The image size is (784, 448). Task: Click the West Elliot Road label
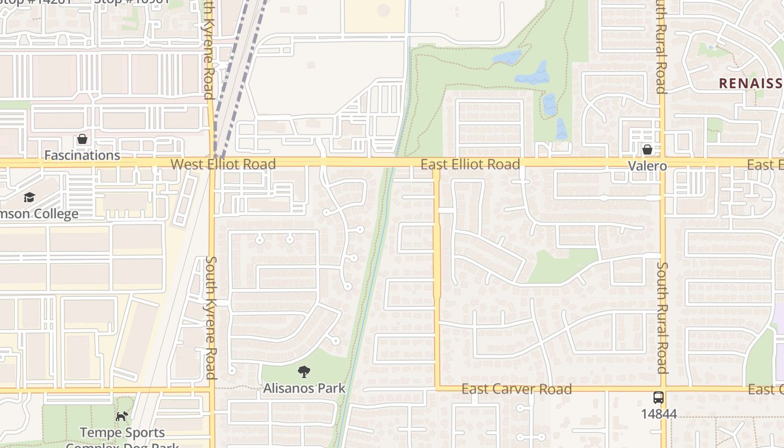click(x=223, y=164)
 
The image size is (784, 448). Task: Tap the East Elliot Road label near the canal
click(x=470, y=164)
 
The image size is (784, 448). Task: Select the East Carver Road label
click(x=516, y=389)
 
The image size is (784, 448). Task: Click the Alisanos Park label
click(x=305, y=388)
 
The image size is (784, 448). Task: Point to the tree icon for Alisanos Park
click(x=304, y=371)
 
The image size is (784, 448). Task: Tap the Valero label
click(x=647, y=166)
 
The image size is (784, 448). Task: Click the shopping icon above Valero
click(x=647, y=150)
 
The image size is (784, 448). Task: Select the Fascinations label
click(x=82, y=155)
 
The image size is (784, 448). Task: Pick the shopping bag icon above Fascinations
click(x=82, y=139)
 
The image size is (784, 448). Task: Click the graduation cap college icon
click(x=29, y=197)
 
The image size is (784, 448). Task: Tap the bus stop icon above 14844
click(x=659, y=398)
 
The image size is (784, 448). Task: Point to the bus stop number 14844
click(x=659, y=414)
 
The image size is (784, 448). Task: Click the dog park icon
click(x=122, y=416)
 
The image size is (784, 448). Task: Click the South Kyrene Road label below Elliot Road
click(x=211, y=318)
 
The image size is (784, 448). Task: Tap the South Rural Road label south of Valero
click(x=662, y=318)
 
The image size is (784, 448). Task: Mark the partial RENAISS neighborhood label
click(x=750, y=83)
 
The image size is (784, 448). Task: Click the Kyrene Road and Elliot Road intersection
click(x=212, y=163)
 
